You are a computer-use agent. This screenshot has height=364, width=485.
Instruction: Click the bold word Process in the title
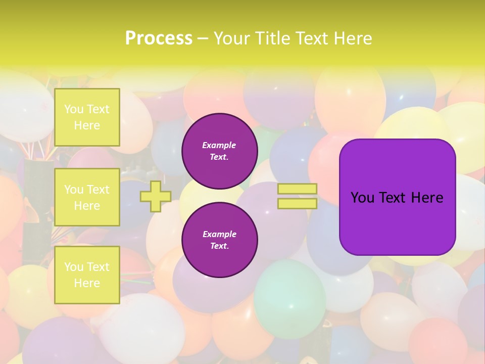[x=159, y=38]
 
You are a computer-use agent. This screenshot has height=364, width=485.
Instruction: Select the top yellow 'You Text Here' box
[x=87, y=117]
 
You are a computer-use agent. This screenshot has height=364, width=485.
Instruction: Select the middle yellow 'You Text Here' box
[x=87, y=197]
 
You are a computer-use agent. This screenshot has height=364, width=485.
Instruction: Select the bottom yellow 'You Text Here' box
[x=87, y=275]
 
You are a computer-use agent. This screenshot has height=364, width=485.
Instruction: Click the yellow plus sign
[x=155, y=196]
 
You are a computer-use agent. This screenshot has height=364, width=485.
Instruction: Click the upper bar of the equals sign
[x=297, y=189]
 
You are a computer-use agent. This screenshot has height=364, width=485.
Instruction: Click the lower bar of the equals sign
[x=297, y=203]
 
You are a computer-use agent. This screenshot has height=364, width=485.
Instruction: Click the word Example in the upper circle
[x=219, y=145]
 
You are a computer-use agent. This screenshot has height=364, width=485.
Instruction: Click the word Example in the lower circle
[x=219, y=234]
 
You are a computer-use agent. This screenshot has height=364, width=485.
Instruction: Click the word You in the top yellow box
[x=74, y=109]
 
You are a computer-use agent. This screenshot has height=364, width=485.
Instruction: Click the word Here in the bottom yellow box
[x=87, y=283]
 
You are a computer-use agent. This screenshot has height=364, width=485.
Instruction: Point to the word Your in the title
[x=232, y=38]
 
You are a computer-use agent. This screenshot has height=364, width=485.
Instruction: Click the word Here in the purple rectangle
[x=427, y=198]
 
